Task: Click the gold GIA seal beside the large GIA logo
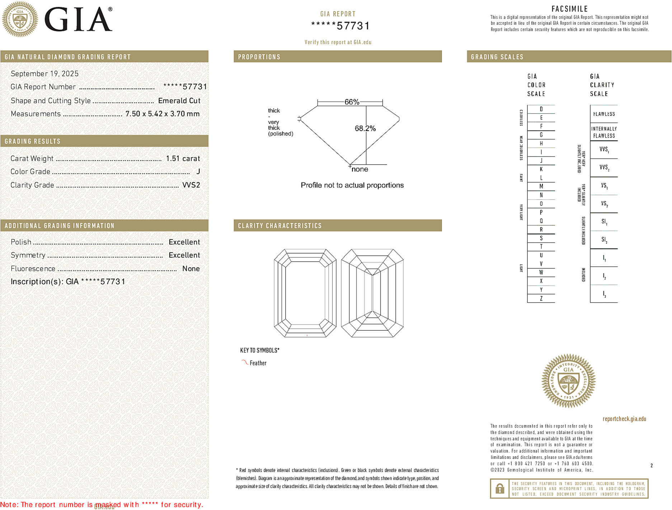(20, 19)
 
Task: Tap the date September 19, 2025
(44, 74)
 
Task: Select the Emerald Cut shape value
(179, 101)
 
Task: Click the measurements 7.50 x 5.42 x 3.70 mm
(162, 114)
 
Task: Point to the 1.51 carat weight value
(183, 159)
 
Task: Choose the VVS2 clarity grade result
(191, 185)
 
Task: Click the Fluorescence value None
(191, 269)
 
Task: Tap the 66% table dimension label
(352, 102)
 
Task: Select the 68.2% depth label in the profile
(365, 128)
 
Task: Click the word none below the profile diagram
(360, 169)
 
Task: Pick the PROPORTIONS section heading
(259, 57)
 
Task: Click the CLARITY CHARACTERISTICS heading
(280, 226)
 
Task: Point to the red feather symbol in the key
(245, 362)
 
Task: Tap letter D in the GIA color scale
(541, 109)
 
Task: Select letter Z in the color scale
(541, 298)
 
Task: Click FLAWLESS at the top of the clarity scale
(604, 114)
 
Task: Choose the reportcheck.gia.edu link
(624, 419)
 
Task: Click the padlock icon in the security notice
(499, 488)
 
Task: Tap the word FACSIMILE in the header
(569, 9)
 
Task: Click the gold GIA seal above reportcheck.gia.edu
(568, 381)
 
